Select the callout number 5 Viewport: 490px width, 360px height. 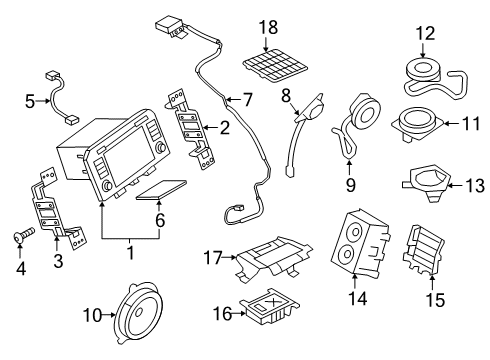click(x=30, y=100)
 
